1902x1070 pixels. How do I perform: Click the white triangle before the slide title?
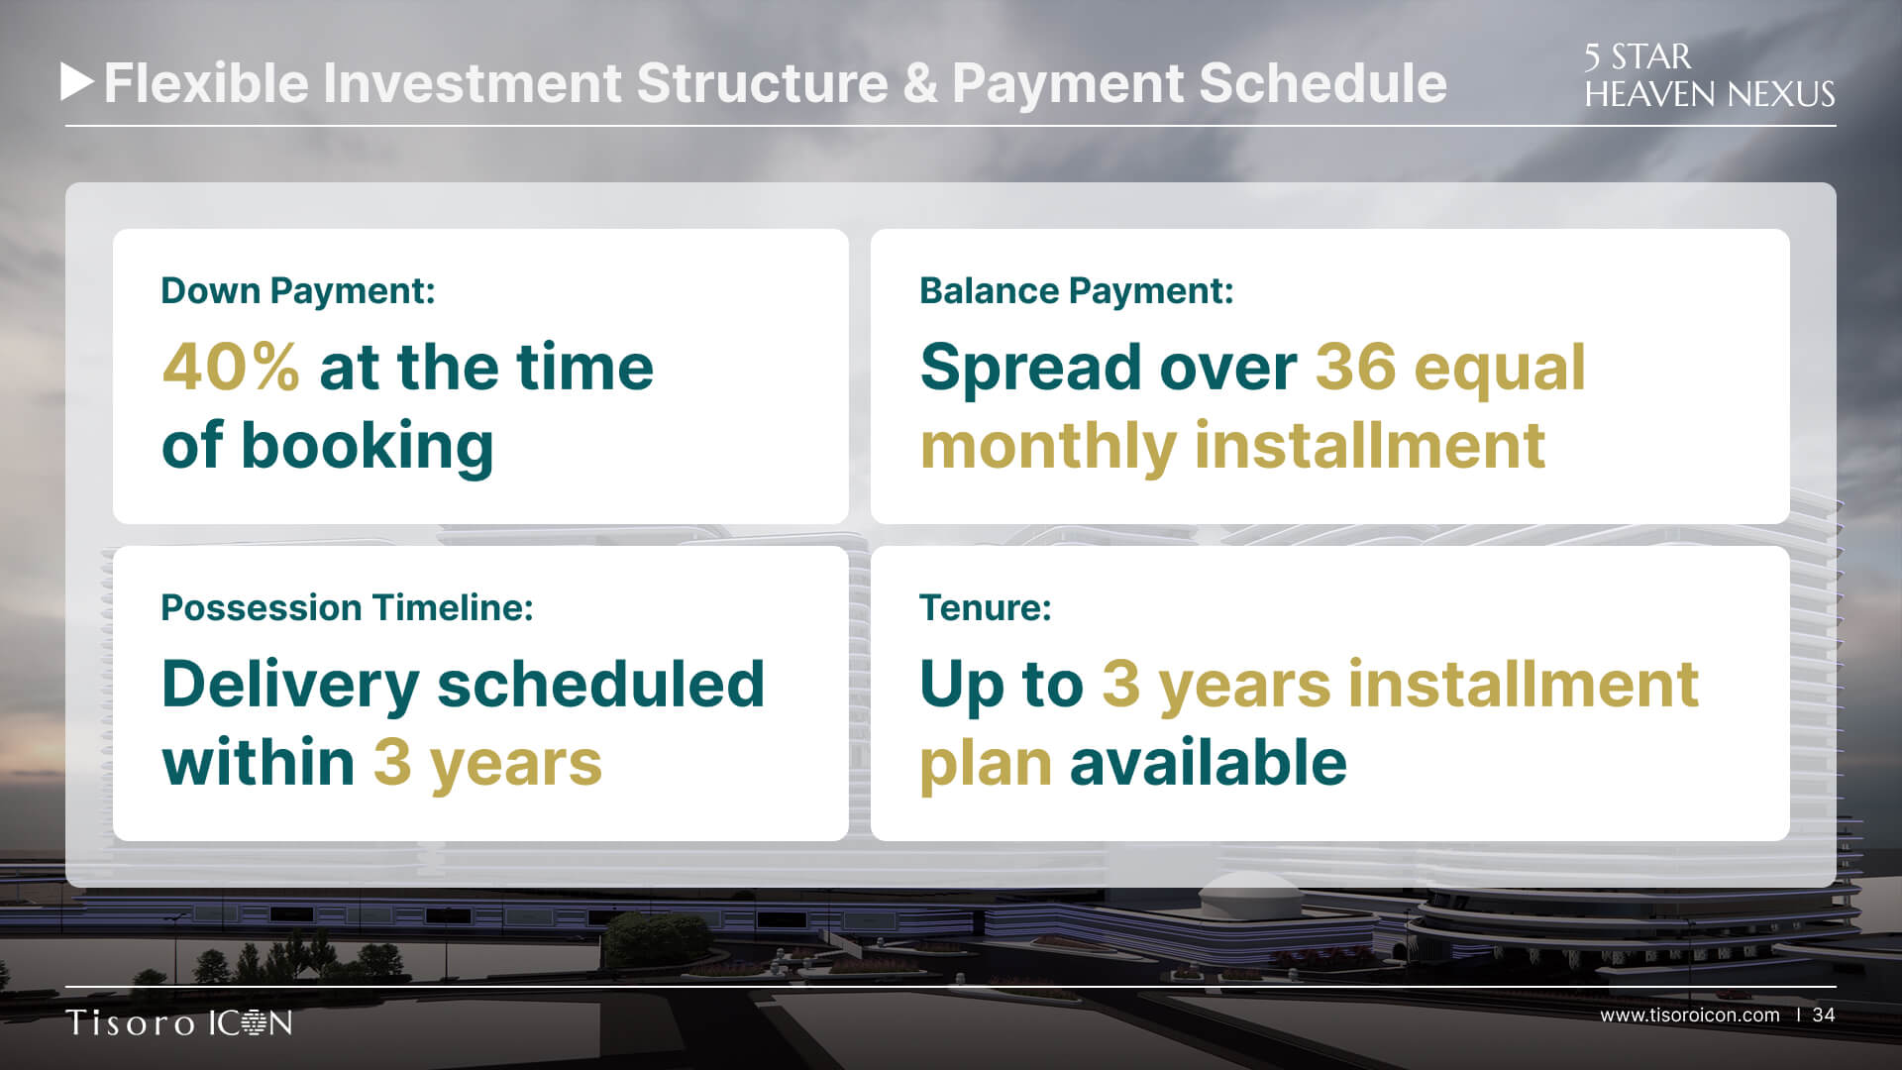coord(76,82)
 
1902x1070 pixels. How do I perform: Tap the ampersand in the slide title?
coord(919,83)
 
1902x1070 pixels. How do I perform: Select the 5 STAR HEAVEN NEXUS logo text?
coord(1709,75)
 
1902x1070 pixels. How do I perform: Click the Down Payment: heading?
coord(298,291)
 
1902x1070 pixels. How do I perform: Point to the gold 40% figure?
coord(231,367)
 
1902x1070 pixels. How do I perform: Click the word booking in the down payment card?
coord(367,447)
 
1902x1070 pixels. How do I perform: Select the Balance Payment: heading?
coord(1077,291)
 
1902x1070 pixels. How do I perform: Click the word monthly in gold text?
coord(1049,447)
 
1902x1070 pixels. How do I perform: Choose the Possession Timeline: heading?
coord(347,607)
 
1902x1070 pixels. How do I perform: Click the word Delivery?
coord(291,686)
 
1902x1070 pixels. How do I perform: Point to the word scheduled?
coord(601,684)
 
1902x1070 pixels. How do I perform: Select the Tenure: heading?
coord(986,607)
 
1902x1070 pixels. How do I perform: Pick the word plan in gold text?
coord(987,765)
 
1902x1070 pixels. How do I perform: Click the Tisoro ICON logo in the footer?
coord(179,1022)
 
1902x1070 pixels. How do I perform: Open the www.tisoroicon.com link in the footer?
coord(1690,1016)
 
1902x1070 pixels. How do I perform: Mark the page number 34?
coord(1824,1016)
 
